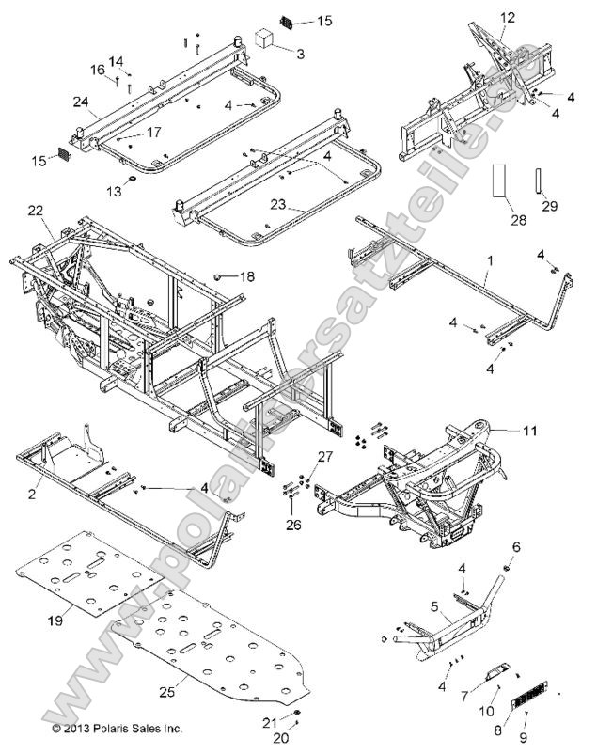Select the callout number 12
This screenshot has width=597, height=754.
tap(508, 17)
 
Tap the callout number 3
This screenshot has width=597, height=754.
tap(300, 55)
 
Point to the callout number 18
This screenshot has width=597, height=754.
tap(246, 276)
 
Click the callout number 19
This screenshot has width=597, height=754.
tap(55, 620)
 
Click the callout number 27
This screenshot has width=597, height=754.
tap(324, 456)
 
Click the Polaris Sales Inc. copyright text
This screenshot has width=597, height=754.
tap(117, 728)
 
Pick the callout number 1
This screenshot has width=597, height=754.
tap(487, 277)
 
